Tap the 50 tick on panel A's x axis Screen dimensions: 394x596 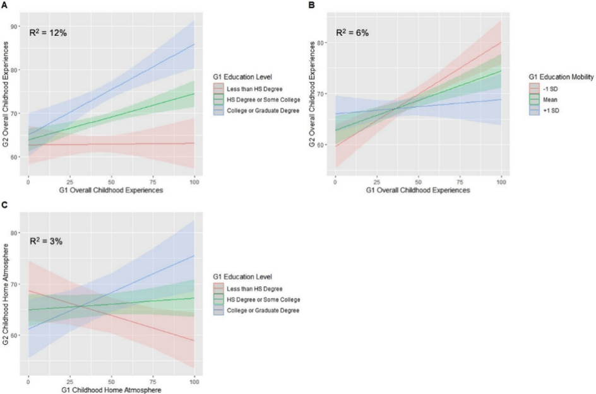(x=111, y=182)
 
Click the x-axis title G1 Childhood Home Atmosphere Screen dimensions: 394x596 (x=112, y=390)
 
